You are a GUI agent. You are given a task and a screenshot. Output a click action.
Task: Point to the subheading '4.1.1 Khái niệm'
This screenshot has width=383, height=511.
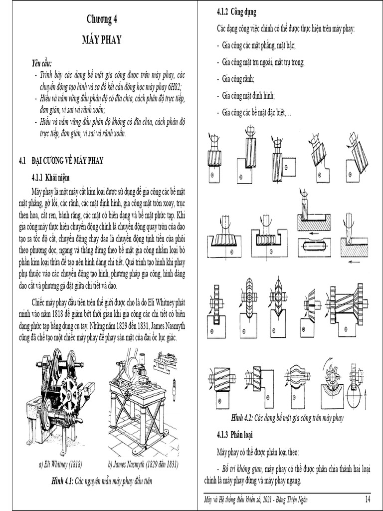[51, 177]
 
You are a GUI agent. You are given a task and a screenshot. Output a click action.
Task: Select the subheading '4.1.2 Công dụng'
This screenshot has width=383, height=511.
[236, 11]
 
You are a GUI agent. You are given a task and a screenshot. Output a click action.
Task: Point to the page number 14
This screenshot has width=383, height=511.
[368, 499]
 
